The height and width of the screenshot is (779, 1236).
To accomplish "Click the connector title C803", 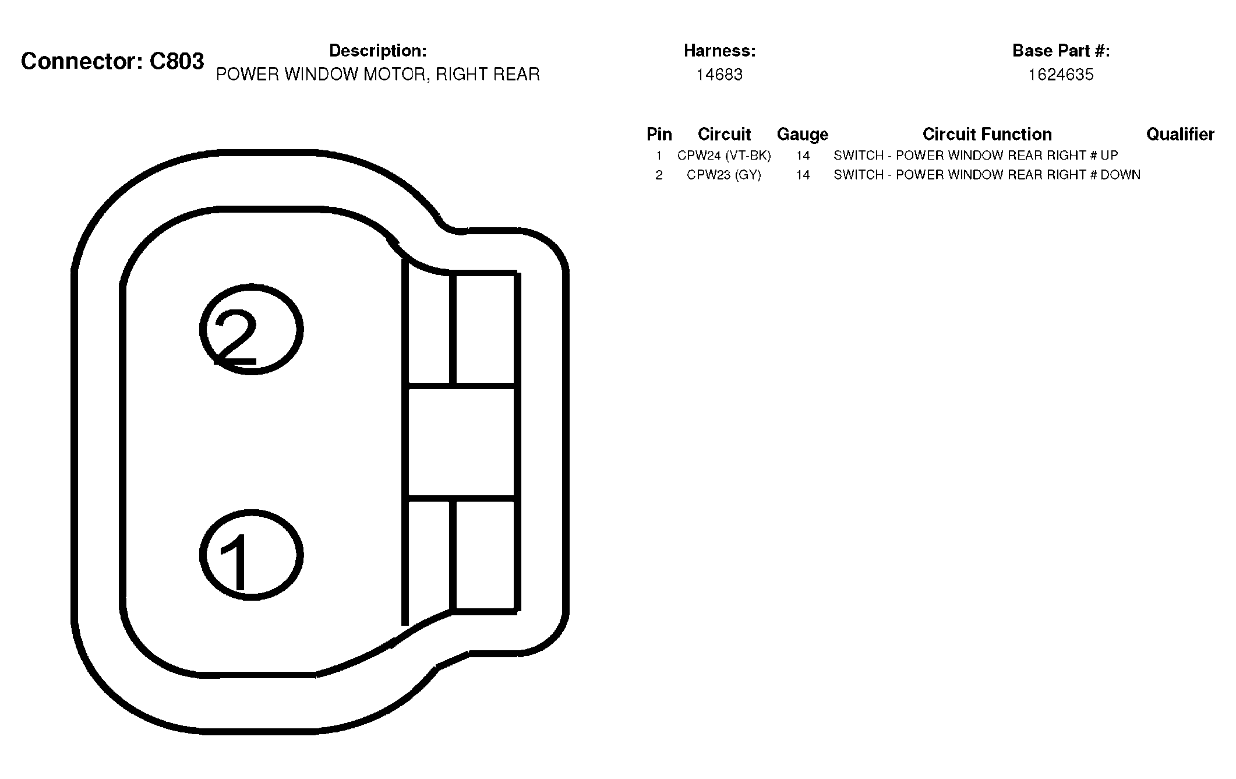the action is click(112, 61).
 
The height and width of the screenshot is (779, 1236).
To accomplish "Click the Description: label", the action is click(378, 51).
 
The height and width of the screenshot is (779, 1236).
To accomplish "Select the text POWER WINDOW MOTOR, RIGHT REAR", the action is click(378, 75).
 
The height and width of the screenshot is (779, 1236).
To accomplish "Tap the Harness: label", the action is click(719, 51).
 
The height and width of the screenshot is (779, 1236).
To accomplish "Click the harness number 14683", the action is click(719, 75).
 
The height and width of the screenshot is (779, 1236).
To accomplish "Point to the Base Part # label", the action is click(1061, 51).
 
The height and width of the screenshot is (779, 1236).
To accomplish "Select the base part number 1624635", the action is click(1061, 75).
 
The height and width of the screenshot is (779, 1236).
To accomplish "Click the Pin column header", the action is click(659, 135).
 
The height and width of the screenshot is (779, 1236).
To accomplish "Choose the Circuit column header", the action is click(724, 135).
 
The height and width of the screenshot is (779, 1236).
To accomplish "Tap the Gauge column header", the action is click(803, 135).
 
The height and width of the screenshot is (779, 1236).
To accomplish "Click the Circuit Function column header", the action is click(987, 135).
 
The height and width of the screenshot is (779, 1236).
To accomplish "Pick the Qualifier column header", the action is click(1180, 135).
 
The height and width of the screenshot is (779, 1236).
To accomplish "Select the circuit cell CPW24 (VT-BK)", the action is click(724, 156).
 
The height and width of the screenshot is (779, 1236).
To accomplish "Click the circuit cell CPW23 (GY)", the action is click(724, 175).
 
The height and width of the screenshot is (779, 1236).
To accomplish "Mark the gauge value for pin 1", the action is click(803, 156).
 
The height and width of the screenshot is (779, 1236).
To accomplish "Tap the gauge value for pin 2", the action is click(803, 175).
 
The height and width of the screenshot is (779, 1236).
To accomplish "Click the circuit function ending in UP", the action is click(976, 156).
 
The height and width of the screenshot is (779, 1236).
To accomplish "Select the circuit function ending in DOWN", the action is click(987, 175).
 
